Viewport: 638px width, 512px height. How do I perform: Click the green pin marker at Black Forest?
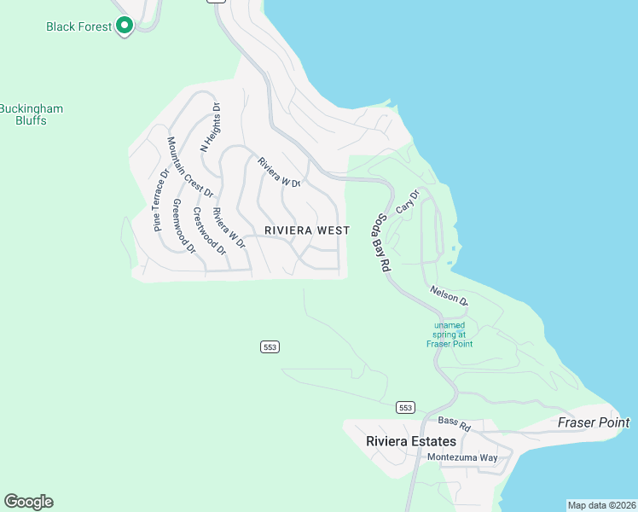click(x=125, y=26)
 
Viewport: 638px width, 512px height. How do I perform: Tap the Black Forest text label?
click(x=78, y=26)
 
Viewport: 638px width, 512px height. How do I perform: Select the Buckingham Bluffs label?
click(x=32, y=114)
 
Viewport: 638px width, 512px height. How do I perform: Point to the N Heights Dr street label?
click(x=210, y=127)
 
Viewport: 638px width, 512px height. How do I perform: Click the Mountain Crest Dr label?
click(x=190, y=167)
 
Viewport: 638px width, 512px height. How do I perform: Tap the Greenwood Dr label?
click(x=183, y=226)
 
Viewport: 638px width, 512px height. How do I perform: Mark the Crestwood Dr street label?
click(x=208, y=231)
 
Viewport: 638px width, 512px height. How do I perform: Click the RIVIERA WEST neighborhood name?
click(x=307, y=230)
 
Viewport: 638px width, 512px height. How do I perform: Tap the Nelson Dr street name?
click(x=449, y=295)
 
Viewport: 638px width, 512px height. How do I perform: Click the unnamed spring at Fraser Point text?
click(x=449, y=335)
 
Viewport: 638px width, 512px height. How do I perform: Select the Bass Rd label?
click(x=454, y=422)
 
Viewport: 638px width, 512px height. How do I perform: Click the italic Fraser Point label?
click(x=594, y=422)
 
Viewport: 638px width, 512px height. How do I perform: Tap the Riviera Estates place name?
click(x=410, y=441)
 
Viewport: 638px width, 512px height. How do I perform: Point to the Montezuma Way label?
click(x=462, y=457)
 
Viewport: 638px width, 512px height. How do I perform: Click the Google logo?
click(x=29, y=502)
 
